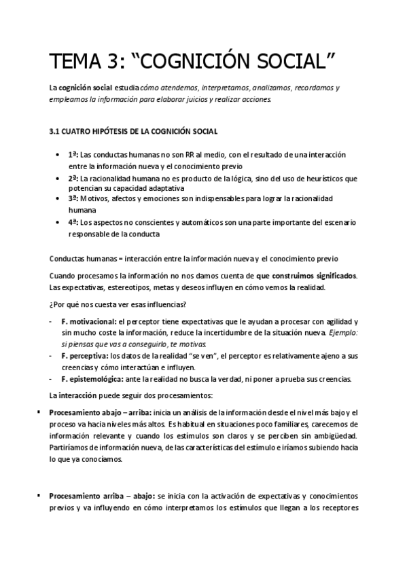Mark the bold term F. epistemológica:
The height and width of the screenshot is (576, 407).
tap(92, 378)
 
